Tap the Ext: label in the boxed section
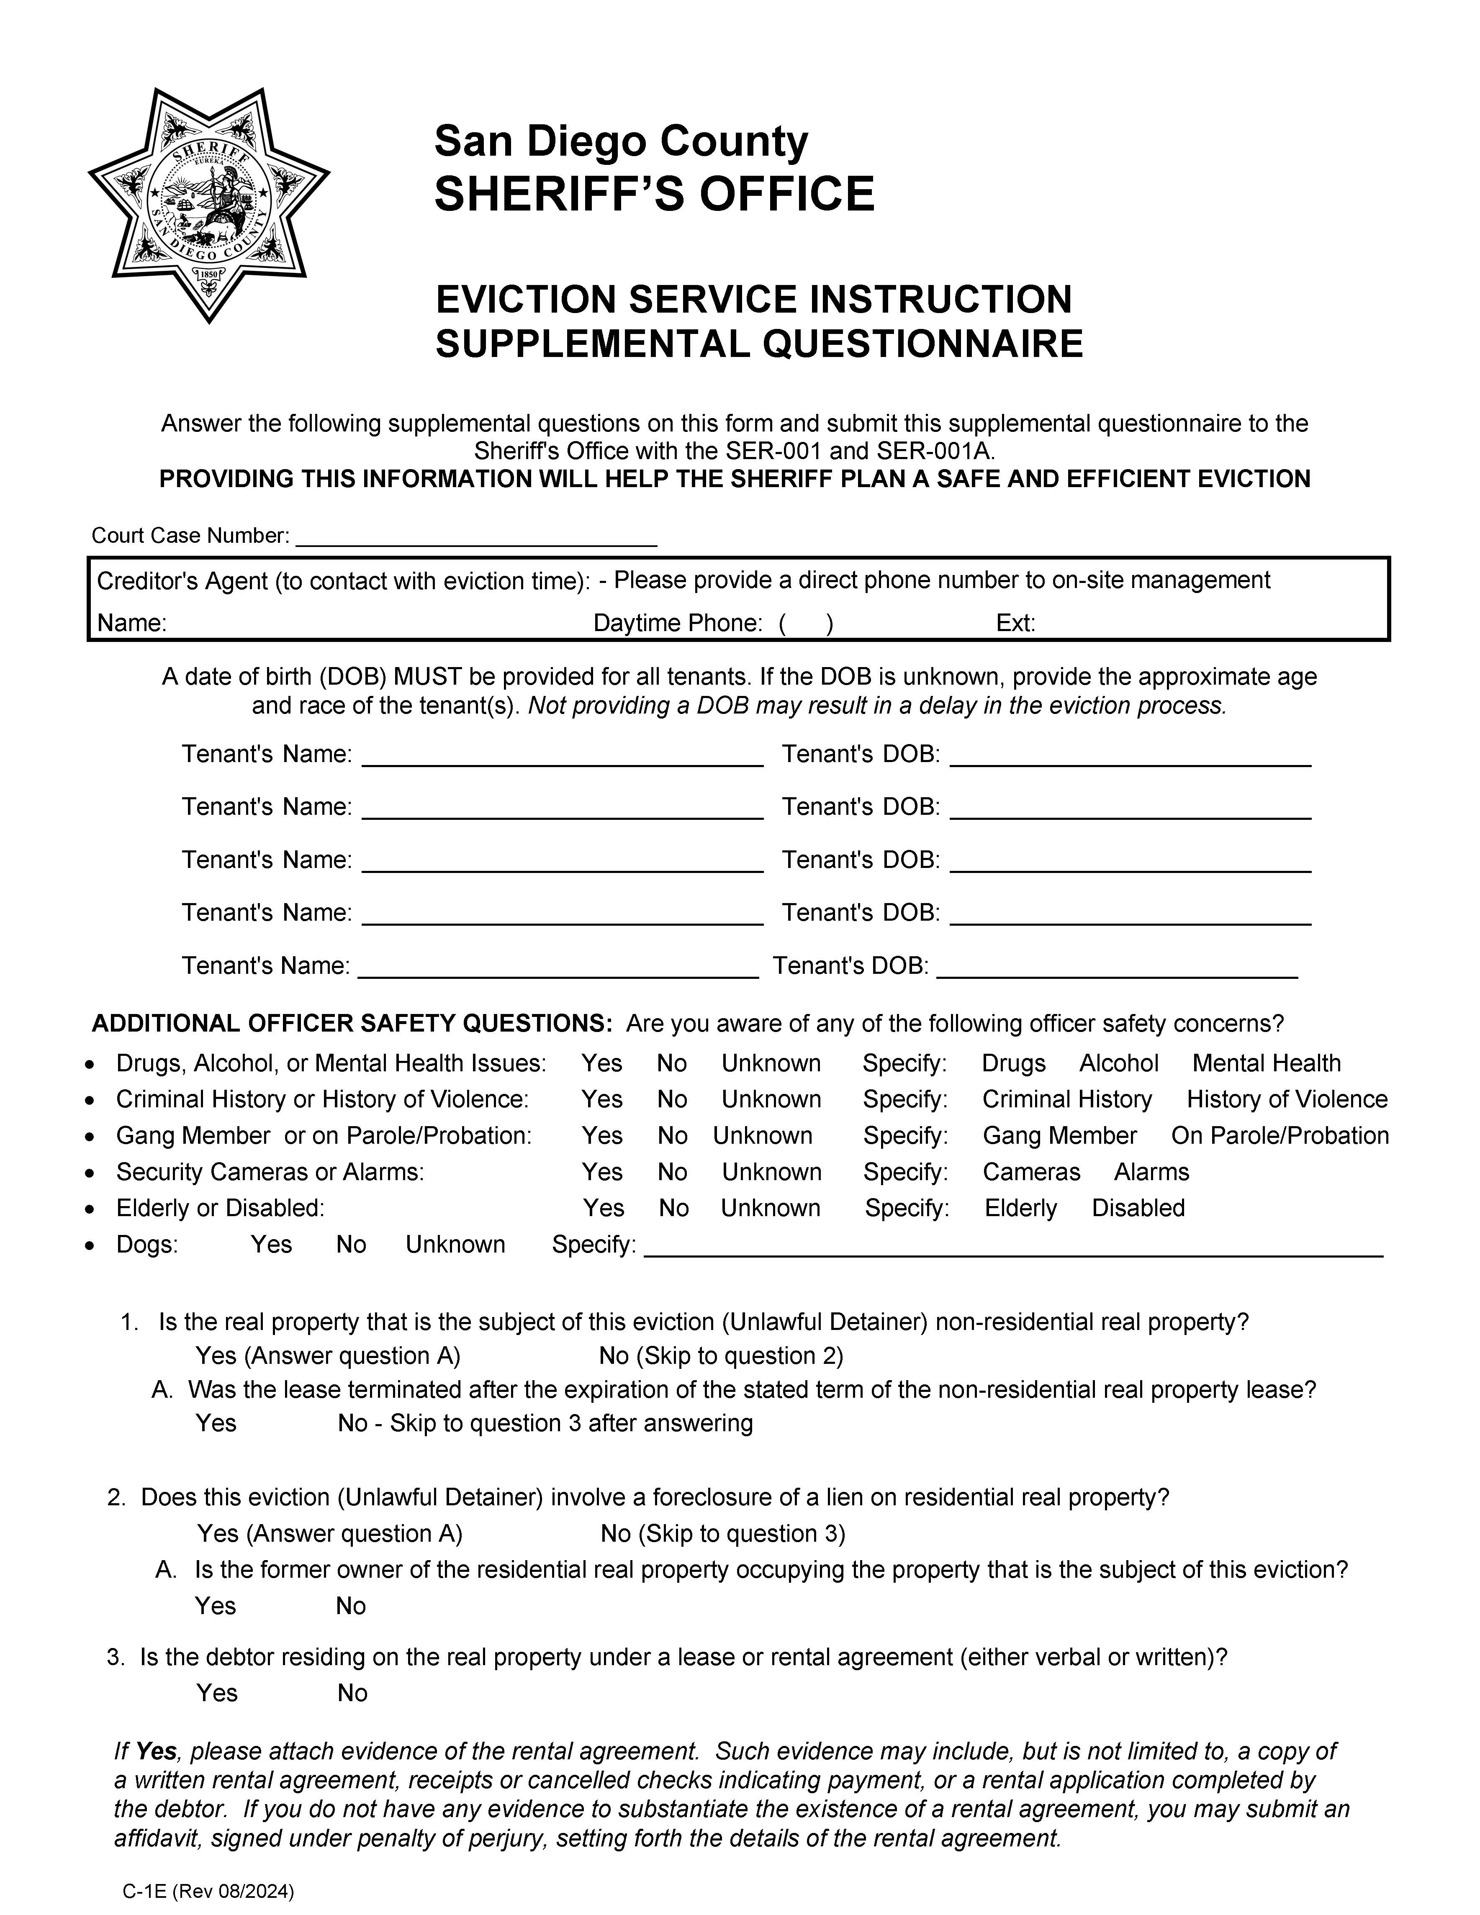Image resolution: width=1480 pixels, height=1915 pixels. (x=1015, y=624)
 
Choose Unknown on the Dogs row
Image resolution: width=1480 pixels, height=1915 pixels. (x=455, y=1245)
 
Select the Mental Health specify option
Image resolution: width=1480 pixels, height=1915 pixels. (x=1266, y=1064)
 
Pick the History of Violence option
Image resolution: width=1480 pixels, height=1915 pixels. (x=1286, y=1099)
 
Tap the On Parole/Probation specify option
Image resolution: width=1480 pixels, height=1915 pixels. (x=1279, y=1136)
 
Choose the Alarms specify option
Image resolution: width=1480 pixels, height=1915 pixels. (x=1151, y=1172)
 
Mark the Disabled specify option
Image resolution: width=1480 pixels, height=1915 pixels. (x=1138, y=1208)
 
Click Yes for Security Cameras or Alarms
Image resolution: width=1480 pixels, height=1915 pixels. (x=601, y=1172)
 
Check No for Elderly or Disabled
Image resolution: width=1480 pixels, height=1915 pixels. (x=673, y=1208)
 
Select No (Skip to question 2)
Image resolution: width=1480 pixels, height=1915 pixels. (x=721, y=1356)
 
